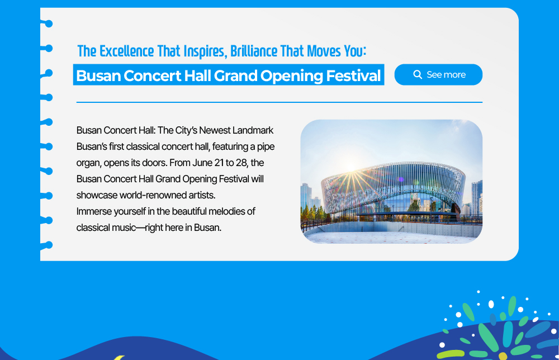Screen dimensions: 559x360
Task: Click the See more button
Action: [438, 74]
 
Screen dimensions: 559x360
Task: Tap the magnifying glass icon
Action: [418, 74]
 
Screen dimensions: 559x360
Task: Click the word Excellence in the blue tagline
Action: [126, 51]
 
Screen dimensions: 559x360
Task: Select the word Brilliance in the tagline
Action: [253, 51]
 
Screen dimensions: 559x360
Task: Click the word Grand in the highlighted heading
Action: [235, 75]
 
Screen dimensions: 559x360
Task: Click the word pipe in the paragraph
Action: [266, 147]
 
